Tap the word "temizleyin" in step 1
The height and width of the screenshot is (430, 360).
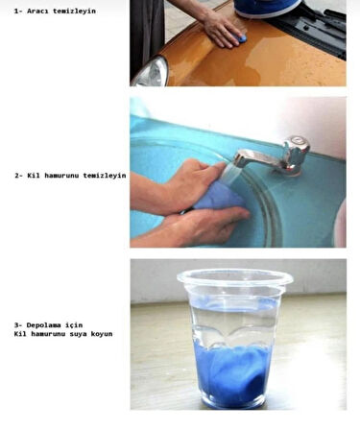pyautogui.click(x=74, y=12)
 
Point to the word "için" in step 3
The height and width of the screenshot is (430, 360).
pyautogui.click(x=74, y=325)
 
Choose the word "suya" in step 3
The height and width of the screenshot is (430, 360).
pyautogui.click(x=78, y=334)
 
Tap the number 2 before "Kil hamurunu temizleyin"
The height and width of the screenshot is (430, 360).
pyautogui.click(x=16, y=176)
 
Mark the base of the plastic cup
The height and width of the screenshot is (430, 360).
pyautogui.click(x=233, y=403)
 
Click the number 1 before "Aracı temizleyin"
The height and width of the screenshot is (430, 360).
pyautogui.click(x=16, y=12)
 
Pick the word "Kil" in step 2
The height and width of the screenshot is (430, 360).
pyautogui.click(x=34, y=176)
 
